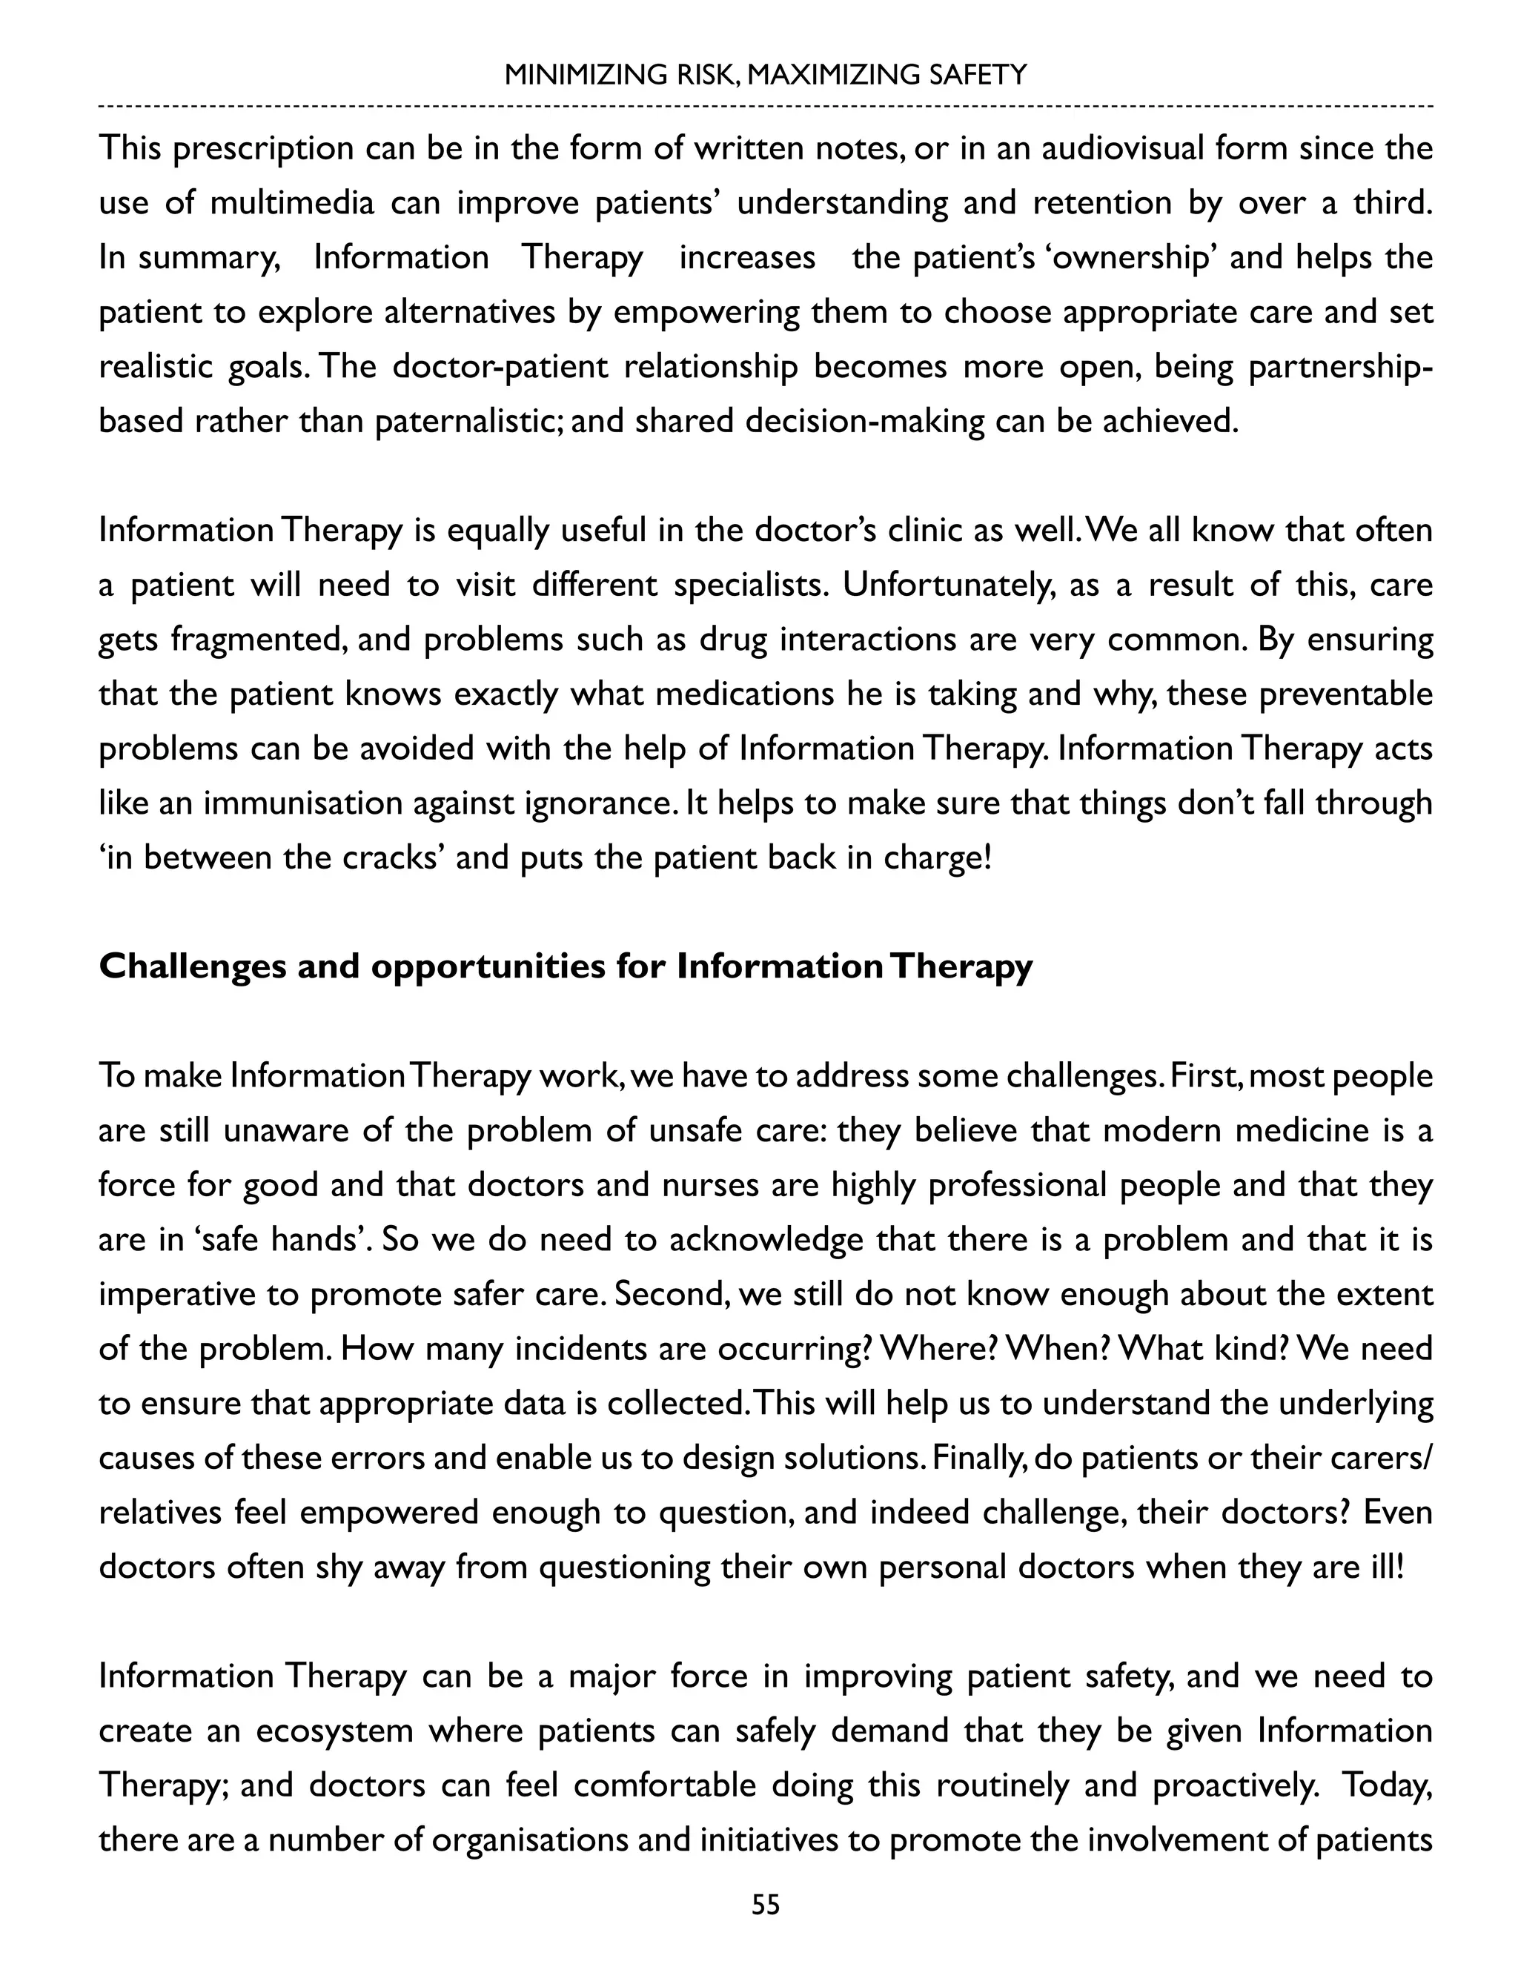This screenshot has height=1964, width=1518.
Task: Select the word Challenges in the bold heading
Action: click(x=191, y=966)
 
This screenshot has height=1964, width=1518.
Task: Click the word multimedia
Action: click(x=292, y=202)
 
